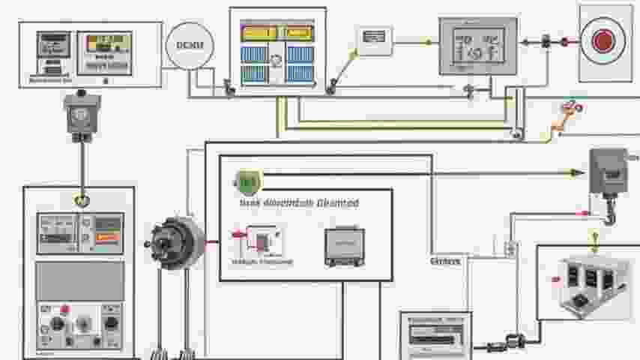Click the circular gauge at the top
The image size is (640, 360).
190,46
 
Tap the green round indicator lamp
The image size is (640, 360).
247,181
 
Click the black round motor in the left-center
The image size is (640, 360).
177,242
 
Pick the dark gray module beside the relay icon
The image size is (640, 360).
344,246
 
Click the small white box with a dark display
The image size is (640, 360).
374,37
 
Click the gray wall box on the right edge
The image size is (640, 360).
607,172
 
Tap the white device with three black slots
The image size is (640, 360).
588,286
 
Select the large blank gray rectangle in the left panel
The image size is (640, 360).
79,280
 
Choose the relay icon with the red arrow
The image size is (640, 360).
259,241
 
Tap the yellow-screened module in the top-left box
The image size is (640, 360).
104,51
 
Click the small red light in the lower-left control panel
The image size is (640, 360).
64,309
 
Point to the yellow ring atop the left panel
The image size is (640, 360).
81,200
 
